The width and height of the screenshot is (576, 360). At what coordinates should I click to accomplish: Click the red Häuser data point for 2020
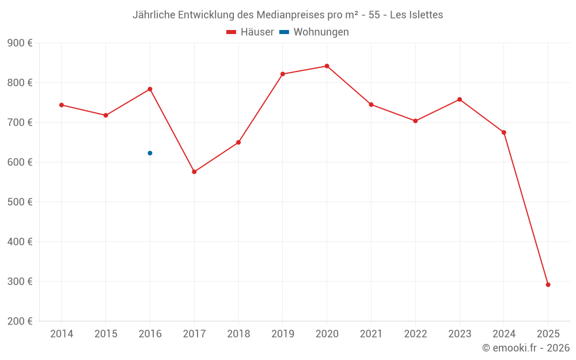(327, 66)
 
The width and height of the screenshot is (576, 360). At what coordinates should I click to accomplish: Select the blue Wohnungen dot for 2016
(150, 153)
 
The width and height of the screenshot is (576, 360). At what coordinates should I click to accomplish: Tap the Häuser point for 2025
(548, 285)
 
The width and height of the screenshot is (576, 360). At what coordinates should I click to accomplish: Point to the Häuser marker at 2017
(194, 172)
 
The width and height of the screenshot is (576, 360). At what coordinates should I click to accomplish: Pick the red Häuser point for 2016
(150, 89)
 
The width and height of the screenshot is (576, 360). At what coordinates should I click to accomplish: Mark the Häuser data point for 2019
(282, 74)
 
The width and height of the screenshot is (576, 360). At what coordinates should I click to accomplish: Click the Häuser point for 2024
(503, 132)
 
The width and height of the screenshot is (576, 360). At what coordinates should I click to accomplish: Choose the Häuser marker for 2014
(62, 105)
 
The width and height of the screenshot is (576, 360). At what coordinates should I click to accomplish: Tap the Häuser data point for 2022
(415, 121)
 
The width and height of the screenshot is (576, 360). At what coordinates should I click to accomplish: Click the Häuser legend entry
(250, 32)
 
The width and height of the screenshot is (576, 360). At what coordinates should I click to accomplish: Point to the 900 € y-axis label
(20, 43)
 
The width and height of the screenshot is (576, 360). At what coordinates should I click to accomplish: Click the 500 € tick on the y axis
(20, 202)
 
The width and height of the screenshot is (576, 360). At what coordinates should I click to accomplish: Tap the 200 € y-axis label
(20, 321)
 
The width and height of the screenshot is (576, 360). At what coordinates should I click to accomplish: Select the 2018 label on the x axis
(238, 334)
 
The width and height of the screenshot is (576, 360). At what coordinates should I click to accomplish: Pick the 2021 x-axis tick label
(371, 334)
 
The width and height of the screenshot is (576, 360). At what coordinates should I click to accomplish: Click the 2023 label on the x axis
(459, 334)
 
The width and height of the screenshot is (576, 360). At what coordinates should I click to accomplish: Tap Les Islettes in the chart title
(416, 15)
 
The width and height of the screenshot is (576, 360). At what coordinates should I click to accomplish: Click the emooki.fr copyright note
(525, 348)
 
